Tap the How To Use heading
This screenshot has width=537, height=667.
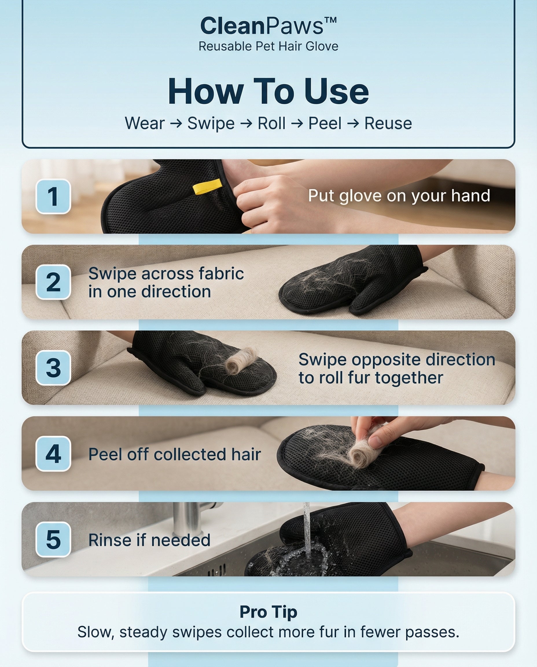click(268, 91)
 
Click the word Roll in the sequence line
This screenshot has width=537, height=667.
click(271, 123)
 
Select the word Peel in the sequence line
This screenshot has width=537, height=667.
click(325, 123)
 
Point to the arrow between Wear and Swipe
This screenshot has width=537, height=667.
click(176, 124)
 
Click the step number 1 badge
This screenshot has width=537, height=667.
click(53, 196)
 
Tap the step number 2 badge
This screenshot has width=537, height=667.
click(53, 282)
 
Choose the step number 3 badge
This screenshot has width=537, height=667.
click(53, 368)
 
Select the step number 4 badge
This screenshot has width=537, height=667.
click(53, 454)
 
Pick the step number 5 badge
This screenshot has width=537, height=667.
click(53, 540)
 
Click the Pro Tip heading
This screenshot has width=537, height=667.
click(268, 612)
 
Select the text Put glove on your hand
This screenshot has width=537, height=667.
click(399, 196)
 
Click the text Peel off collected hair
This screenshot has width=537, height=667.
click(174, 454)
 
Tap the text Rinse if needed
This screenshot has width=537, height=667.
click(149, 540)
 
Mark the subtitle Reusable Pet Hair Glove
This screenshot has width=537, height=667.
click(268, 46)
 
